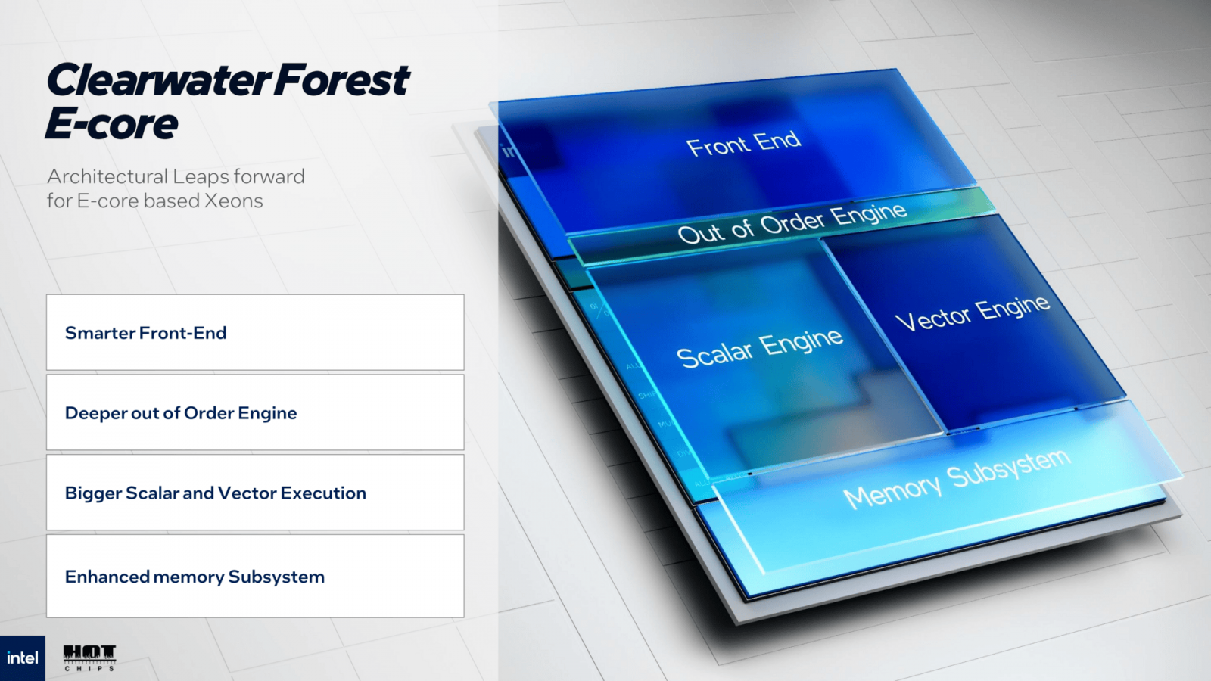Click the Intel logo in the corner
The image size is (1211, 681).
[x=22, y=658]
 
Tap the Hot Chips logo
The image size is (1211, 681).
[x=89, y=658]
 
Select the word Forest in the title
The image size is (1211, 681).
[x=342, y=81]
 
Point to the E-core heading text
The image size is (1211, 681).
[x=112, y=124]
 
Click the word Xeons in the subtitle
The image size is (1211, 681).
[x=234, y=201]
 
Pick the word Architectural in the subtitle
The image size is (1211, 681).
[x=107, y=176]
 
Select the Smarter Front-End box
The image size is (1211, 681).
[x=255, y=333]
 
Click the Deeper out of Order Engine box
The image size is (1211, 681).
[x=255, y=413]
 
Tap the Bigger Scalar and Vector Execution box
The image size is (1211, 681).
[x=255, y=493]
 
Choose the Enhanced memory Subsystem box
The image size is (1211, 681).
[x=255, y=577]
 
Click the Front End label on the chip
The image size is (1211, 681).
[x=743, y=143]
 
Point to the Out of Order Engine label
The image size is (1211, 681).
[x=792, y=223]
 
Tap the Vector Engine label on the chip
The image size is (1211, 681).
[x=973, y=313]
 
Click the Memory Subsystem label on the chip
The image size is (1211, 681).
[x=957, y=479]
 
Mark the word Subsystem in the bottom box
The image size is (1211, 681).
[x=276, y=577]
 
